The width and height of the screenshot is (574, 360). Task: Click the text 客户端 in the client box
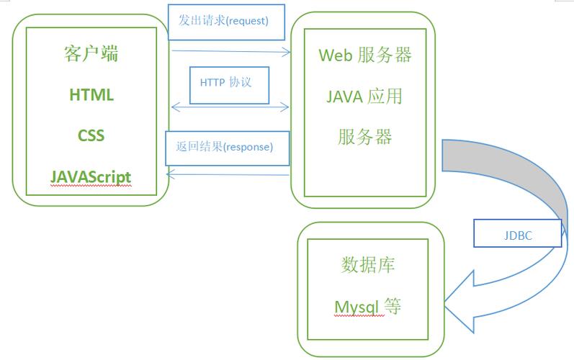coord(91,54)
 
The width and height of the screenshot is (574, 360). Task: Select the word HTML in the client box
coord(91,95)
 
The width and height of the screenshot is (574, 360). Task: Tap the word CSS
coord(91,135)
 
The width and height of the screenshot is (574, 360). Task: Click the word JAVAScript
coord(91,176)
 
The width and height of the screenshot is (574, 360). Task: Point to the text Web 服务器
coord(364,55)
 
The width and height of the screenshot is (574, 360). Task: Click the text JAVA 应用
coord(364,96)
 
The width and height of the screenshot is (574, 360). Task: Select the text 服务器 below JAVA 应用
coord(364,137)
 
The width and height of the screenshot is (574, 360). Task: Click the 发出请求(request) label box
coord(226,22)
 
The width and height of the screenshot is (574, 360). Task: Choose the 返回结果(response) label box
coord(227,148)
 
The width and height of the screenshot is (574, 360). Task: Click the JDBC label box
coord(516,234)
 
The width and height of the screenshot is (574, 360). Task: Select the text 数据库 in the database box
coord(367,265)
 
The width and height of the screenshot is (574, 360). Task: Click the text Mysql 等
coord(367,307)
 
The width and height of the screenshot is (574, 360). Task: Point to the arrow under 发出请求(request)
coord(230,51)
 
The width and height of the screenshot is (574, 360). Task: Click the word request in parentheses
coord(245,22)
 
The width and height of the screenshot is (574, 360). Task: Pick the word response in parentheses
coord(248,148)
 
